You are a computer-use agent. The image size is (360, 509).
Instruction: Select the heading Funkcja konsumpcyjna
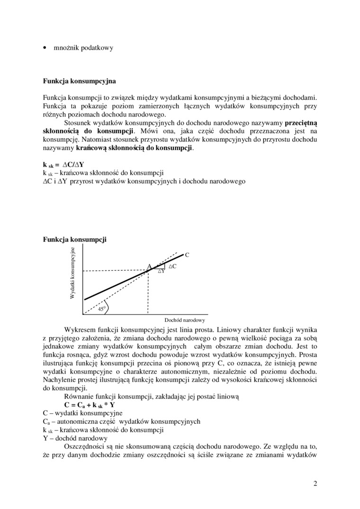click(x=79, y=81)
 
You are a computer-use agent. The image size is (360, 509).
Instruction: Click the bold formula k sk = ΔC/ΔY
click(x=63, y=165)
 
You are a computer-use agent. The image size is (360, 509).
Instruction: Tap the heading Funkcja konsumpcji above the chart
click(x=75, y=240)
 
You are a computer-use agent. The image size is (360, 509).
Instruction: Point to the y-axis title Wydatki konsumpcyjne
click(x=72, y=273)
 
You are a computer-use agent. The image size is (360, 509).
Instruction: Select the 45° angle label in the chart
click(x=100, y=309)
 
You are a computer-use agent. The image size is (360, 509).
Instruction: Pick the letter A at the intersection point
click(x=148, y=267)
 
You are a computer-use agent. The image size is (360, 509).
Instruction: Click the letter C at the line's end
click(x=187, y=255)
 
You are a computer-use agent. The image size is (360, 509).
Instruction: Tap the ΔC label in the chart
click(x=172, y=267)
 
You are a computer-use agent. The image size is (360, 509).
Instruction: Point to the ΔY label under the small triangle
click(x=161, y=271)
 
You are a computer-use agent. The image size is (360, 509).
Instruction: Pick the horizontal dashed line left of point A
click(x=114, y=271)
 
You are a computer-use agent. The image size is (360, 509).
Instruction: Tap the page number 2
click(x=315, y=483)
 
